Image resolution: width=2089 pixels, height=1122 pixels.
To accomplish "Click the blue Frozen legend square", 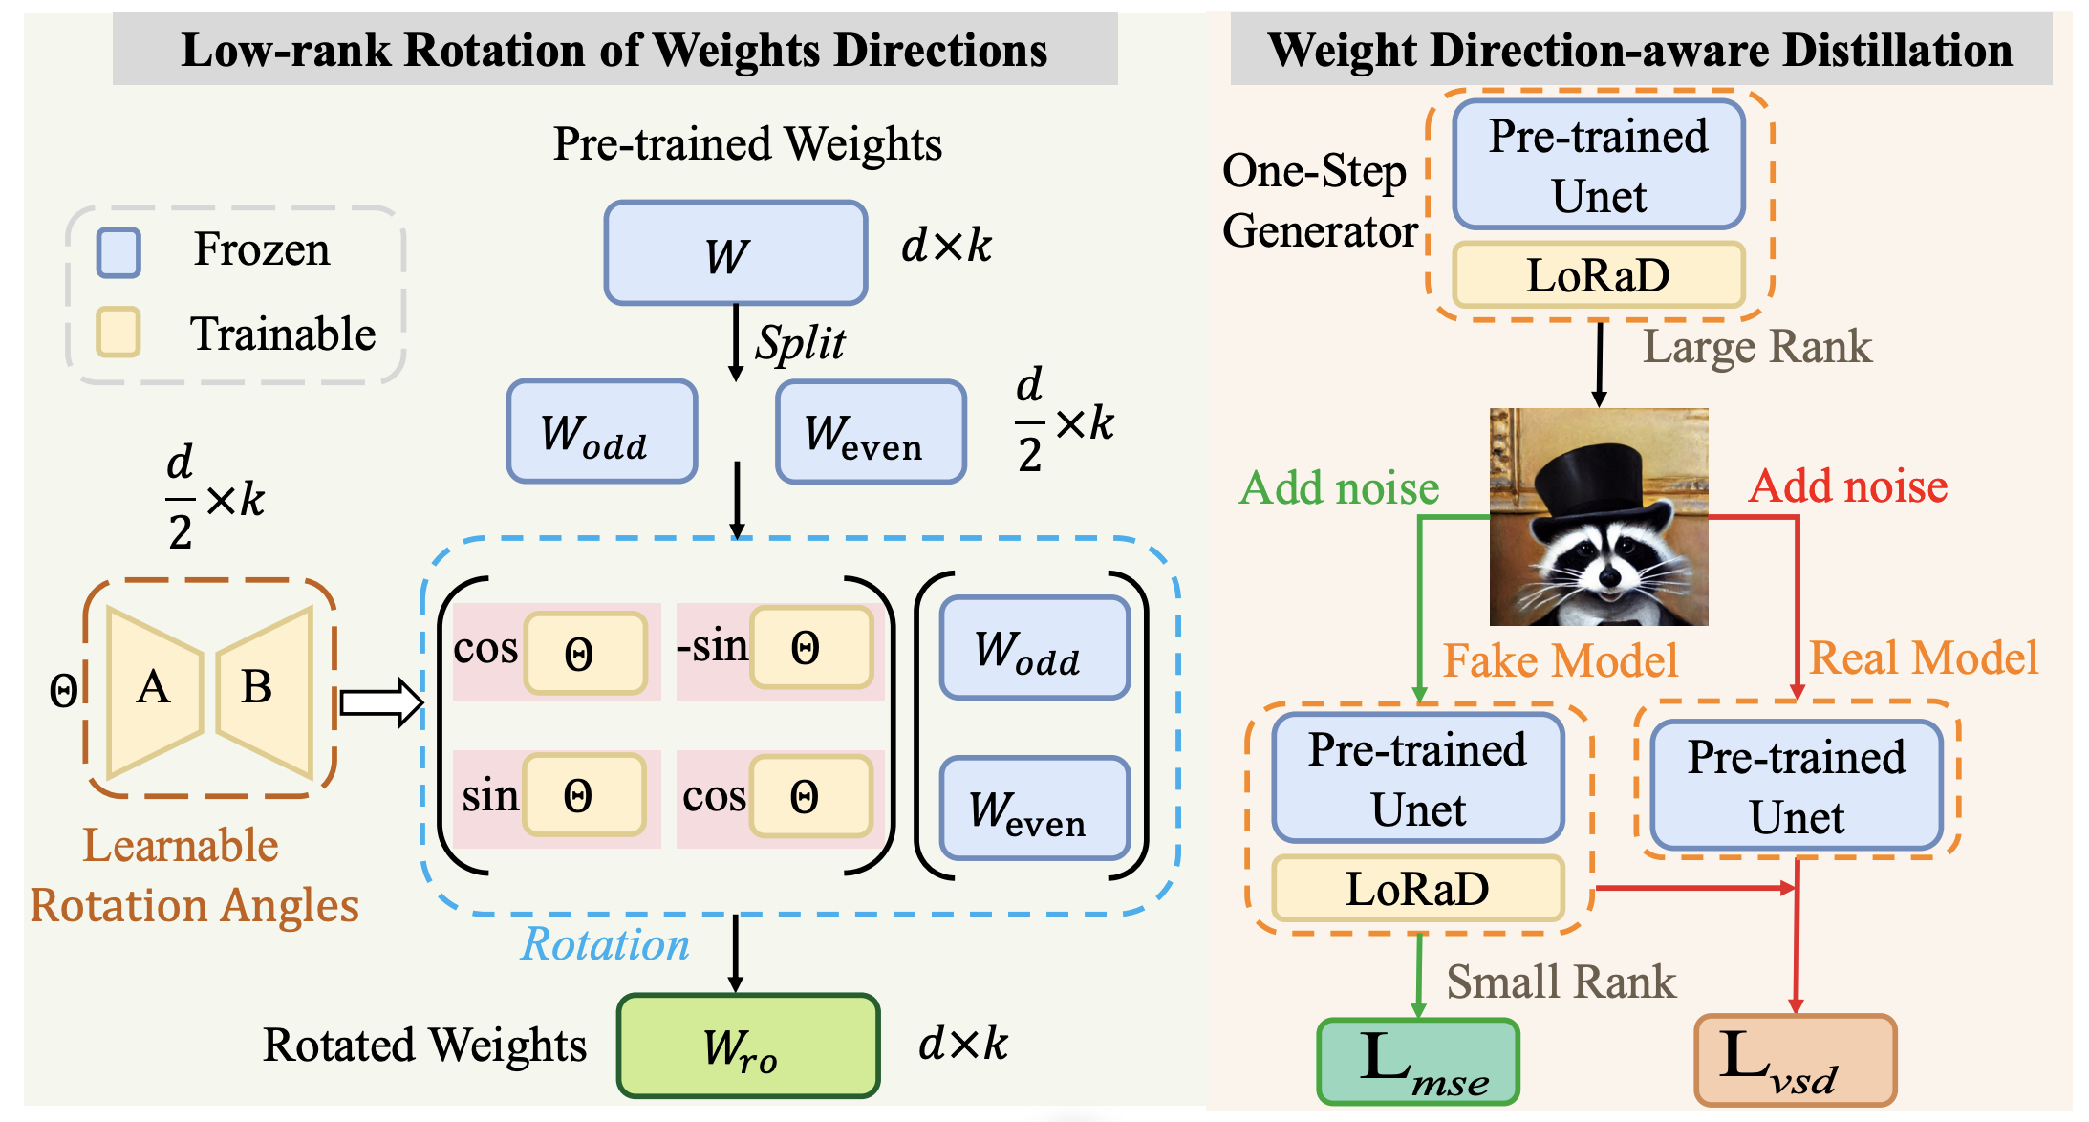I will pos(118,252).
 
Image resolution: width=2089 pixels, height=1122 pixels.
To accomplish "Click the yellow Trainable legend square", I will pos(118,332).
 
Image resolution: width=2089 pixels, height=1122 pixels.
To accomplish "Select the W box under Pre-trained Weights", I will pos(735,253).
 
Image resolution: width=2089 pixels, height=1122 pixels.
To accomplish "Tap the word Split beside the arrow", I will pos(800,343).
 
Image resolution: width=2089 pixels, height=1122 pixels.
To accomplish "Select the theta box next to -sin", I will pos(811,649).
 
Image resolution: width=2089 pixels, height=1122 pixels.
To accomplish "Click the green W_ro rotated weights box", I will pos(747,1046).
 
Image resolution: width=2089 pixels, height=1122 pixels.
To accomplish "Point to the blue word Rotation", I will pos(605,944).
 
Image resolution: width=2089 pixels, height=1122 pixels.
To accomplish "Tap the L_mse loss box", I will pos(1418,1062).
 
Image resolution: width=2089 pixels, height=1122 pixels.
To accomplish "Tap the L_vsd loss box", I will pos(1795,1060).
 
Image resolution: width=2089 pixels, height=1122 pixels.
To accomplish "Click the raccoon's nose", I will pos(1609,576).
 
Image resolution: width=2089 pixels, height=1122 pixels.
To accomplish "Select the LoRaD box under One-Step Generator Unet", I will pos(1599,275).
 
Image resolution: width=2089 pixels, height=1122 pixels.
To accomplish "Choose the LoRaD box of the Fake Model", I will pos(1418,889).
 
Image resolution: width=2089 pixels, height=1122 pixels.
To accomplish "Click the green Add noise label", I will pos(1339,488).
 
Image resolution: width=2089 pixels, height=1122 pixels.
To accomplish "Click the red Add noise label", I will pos(1848,486).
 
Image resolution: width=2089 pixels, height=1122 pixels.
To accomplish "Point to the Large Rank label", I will pos(1756,347).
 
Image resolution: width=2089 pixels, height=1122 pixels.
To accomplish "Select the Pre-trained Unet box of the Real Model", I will pos(1797,786).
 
